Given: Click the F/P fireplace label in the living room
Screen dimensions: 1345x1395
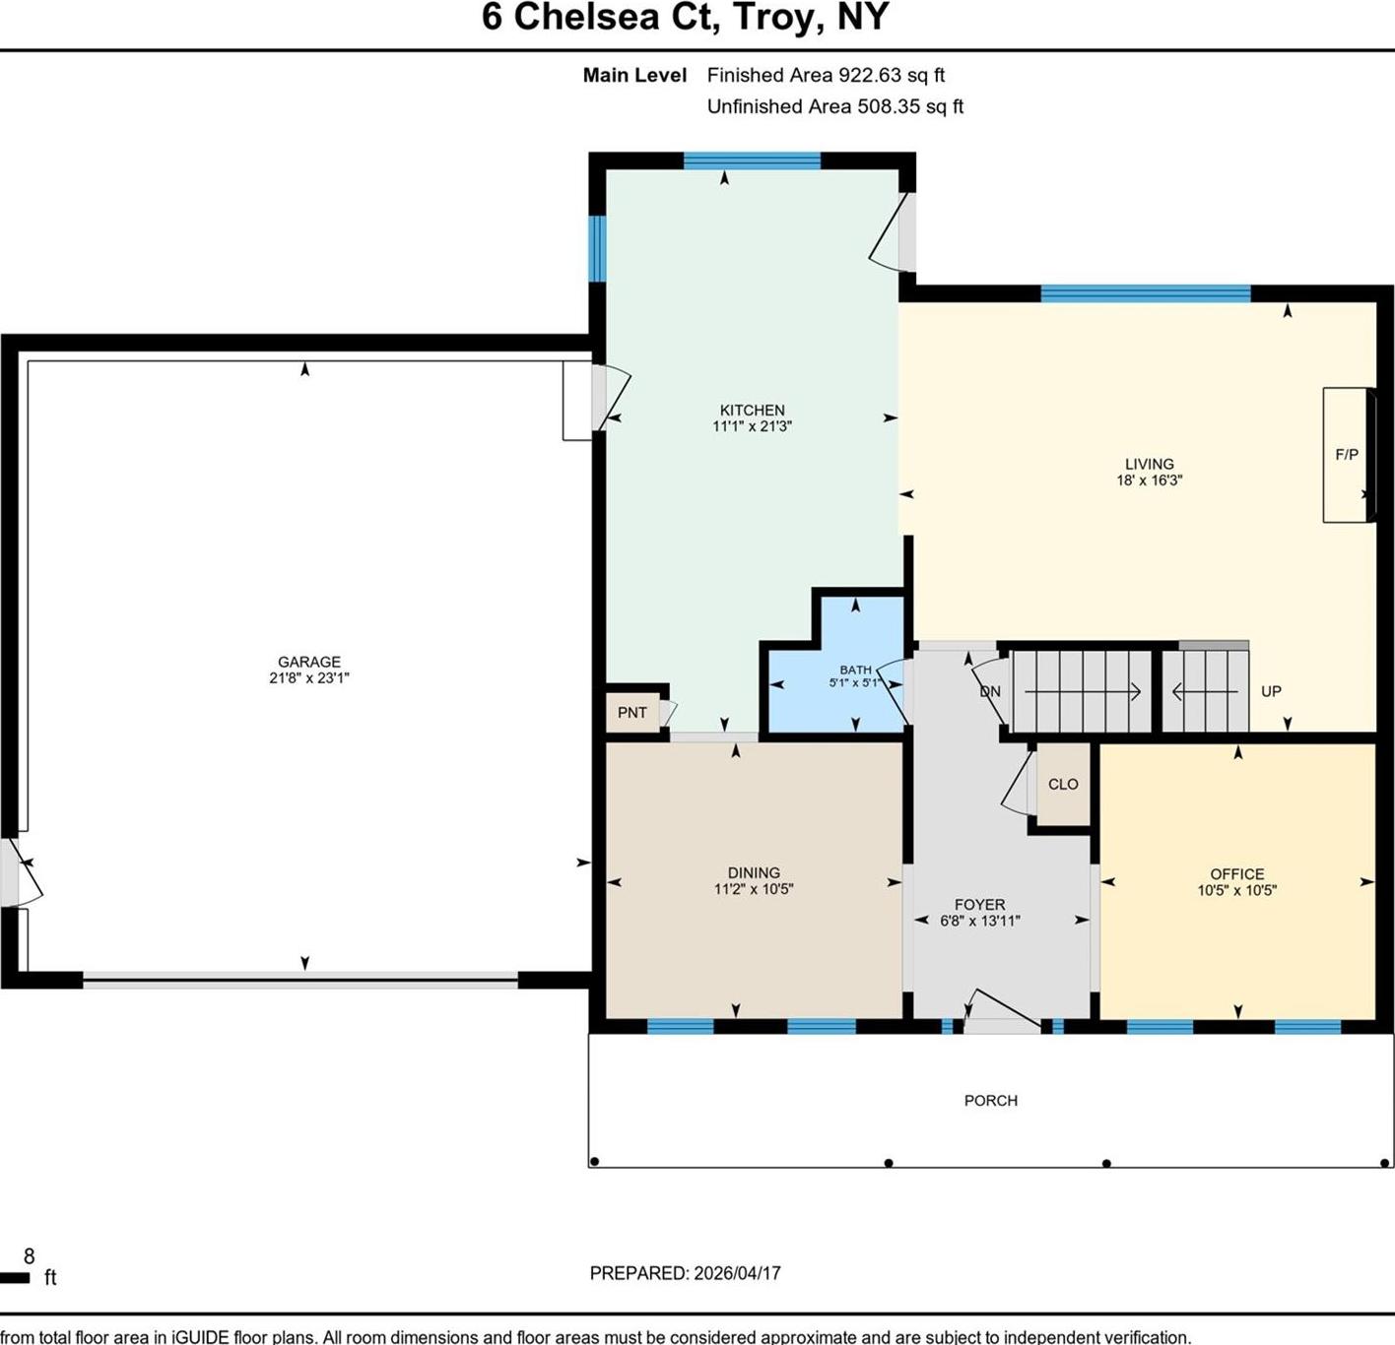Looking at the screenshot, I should click(x=1346, y=455).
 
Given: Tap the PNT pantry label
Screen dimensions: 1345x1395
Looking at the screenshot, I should click(x=631, y=713).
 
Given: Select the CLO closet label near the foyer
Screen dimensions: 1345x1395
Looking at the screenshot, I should click(x=1063, y=785).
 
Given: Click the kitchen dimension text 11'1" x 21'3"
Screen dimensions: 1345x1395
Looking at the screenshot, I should click(x=752, y=427).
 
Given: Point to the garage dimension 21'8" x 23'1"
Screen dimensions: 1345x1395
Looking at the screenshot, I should click(x=308, y=678).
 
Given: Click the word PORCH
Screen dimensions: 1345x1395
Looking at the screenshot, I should click(x=990, y=1101).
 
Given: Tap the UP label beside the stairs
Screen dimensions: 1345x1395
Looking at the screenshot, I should click(x=1271, y=691).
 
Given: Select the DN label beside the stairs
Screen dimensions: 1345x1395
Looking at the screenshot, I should click(x=990, y=692).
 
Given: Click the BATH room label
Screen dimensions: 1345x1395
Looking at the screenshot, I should click(x=855, y=670).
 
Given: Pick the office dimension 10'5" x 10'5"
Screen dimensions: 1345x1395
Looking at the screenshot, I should click(x=1236, y=891).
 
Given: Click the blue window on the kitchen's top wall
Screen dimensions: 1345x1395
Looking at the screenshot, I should click(x=752, y=161).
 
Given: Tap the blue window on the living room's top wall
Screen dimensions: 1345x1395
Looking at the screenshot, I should click(x=1145, y=293).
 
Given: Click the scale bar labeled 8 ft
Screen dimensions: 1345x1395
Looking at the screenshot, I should click(x=16, y=1278).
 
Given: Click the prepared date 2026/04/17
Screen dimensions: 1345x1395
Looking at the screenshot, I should click(x=737, y=1273).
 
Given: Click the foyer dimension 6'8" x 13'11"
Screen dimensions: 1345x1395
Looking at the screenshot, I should click(x=979, y=922).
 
